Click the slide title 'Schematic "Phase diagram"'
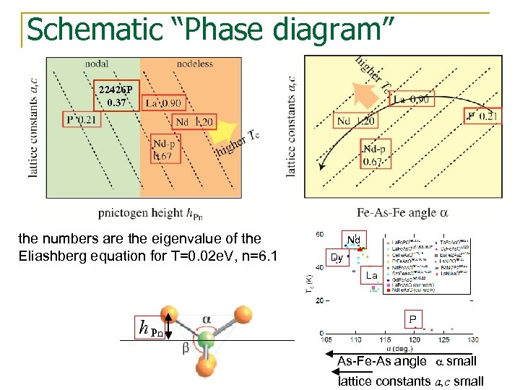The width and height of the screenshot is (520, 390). tap(210, 30)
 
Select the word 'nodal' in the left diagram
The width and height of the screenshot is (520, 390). tap(96, 64)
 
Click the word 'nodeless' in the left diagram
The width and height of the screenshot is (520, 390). tap(195, 64)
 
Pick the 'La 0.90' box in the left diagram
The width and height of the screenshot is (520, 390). tap(162, 103)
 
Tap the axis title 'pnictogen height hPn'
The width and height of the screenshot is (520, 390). tap(160, 212)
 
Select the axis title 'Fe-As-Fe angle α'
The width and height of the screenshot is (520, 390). tap(402, 212)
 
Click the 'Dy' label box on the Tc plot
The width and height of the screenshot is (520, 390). tap(337, 257)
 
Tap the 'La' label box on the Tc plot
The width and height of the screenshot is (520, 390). tap(372, 275)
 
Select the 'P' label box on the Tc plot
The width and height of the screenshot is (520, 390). tap(412, 319)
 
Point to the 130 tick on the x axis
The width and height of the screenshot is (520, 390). tap(472, 340)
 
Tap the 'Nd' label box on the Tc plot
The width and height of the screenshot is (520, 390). tap(353, 240)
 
